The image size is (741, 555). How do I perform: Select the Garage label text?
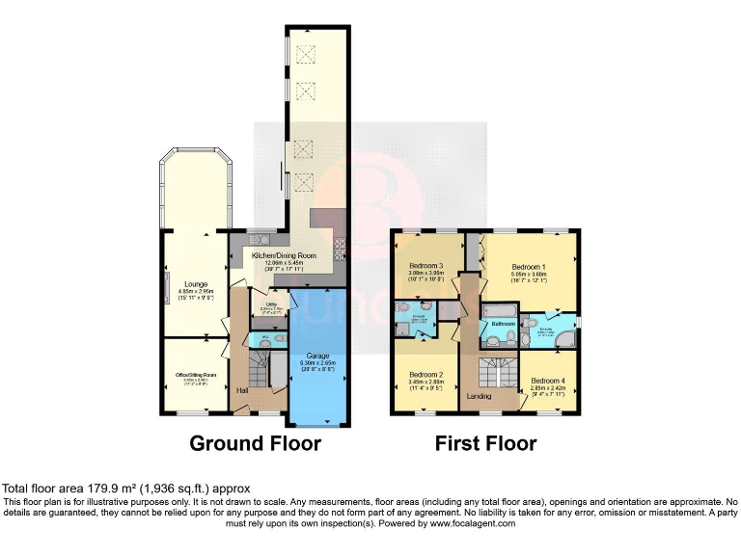tap(317, 356)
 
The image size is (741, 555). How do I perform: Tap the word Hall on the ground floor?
tap(245, 390)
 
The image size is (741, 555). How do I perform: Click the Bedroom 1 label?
tap(529, 267)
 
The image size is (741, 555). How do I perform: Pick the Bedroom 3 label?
tap(425, 266)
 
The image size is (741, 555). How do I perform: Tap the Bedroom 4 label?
tap(548, 381)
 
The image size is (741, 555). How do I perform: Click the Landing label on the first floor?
tap(480, 395)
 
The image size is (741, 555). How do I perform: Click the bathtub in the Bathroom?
tap(500, 309)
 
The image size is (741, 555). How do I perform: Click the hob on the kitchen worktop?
tap(339, 249)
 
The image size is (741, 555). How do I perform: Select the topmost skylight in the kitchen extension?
tap(305, 54)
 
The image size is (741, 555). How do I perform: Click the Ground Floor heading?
tap(255, 443)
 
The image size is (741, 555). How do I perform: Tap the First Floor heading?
tap(485, 443)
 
